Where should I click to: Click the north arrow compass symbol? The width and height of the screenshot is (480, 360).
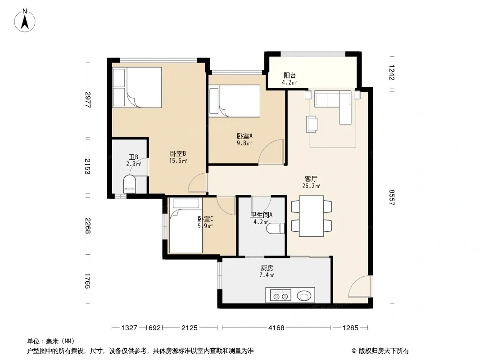point(25,21)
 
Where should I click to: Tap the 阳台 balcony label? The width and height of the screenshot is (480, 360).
point(289,75)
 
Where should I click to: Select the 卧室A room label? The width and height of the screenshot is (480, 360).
point(245,136)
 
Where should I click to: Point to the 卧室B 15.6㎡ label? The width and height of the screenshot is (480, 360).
point(178,157)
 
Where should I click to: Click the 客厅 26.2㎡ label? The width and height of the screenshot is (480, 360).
point(311,182)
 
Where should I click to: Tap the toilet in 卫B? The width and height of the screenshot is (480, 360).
point(130,184)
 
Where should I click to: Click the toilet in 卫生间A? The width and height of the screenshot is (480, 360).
point(276,228)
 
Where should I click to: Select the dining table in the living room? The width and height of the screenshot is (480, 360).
point(311,216)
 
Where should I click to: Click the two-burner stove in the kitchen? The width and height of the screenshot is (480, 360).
point(281,296)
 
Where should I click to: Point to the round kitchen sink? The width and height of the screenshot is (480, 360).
point(304,296)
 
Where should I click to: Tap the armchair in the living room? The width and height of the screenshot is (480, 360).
point(312,124)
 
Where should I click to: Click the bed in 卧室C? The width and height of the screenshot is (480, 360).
point(186,225)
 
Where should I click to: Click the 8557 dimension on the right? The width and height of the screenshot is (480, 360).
point(392,198)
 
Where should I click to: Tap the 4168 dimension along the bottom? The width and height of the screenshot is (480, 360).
point(276,328)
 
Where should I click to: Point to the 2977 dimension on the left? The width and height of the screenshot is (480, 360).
point(88,100)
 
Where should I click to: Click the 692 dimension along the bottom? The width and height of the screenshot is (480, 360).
point(154,328)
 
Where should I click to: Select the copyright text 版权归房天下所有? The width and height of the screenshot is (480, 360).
point(384,351)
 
